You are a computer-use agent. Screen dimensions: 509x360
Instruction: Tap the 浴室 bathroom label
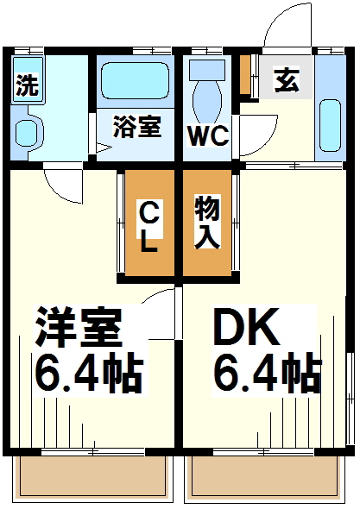pyautogui.click(x=137, y=127)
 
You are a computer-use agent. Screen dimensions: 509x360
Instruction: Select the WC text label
pyautogui.click(x=208, y=135)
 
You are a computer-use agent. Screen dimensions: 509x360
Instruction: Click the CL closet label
pyautogui.click(x=149, y=225)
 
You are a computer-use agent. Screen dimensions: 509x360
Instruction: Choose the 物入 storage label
pyautogui.click(x=206, y=222)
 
